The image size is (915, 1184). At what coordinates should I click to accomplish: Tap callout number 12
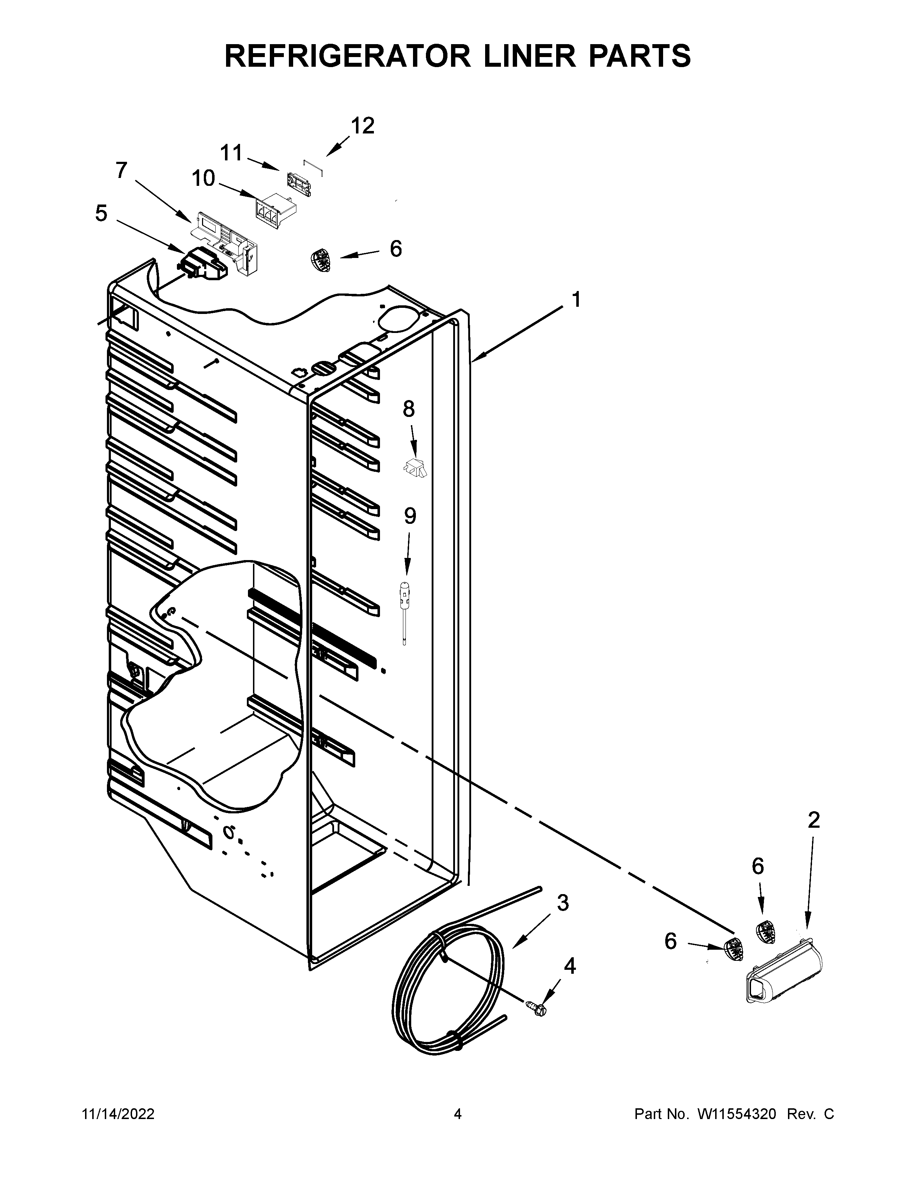click(362, 126)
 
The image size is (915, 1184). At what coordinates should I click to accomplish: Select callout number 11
click(231, 154)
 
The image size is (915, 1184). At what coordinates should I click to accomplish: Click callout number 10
click(203, 178)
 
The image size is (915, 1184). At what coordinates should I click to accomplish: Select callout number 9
click(410, 516)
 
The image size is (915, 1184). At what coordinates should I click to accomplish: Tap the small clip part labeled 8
click(416, 467)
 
